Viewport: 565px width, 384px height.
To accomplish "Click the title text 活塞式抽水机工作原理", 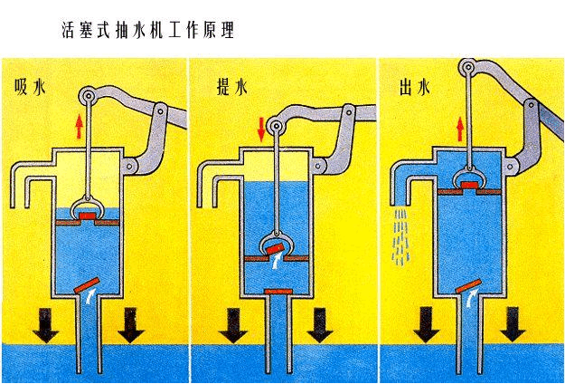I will pyautogui.click(x=148, y=31).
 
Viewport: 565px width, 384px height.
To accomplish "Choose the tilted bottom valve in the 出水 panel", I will pyautogui.click(x=468, y=288).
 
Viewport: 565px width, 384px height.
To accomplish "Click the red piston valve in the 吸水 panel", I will pyautogui.click(x=89, y=218).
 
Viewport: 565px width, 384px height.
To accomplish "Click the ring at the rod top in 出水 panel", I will pyautogui.click(x=468, y=68).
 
